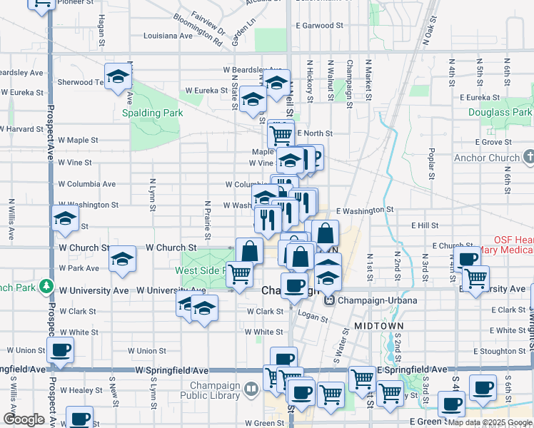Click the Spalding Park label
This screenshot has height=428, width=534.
click(152, 113)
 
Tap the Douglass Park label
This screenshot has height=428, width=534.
click(500, 112)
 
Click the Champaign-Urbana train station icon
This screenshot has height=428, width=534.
click(329, 300)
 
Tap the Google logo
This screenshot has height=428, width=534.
click(23, 419)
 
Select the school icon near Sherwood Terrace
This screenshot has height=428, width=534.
click(118, 75)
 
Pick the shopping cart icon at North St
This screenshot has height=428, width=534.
click(281, 133)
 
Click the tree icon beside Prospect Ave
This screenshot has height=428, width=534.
click(48, 286)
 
